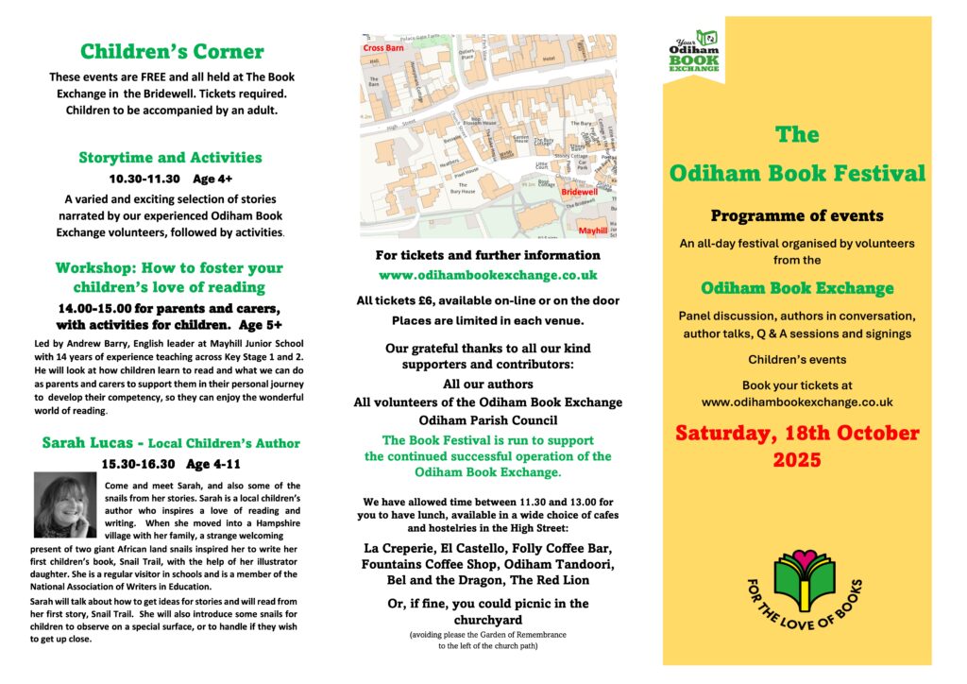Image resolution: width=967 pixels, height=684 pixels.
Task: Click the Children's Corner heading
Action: [171, 51]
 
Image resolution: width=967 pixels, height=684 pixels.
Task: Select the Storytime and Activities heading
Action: [171, 157]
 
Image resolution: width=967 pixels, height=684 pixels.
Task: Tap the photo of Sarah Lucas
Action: [64, 505]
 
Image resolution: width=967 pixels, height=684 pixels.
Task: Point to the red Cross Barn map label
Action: [384, 47]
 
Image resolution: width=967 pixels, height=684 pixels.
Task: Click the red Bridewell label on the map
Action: [580, 192]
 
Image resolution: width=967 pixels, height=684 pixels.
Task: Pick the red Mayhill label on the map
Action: [592, 230]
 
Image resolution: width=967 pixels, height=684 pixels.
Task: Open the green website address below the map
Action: [487, 275]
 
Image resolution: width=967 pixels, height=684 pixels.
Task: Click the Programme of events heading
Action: [797, 215]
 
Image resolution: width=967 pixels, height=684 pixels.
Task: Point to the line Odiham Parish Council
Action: [487, 419]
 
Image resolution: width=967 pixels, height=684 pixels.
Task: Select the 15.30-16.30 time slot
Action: [140, 464]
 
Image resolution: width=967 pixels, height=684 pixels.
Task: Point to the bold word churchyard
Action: [487, 620]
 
